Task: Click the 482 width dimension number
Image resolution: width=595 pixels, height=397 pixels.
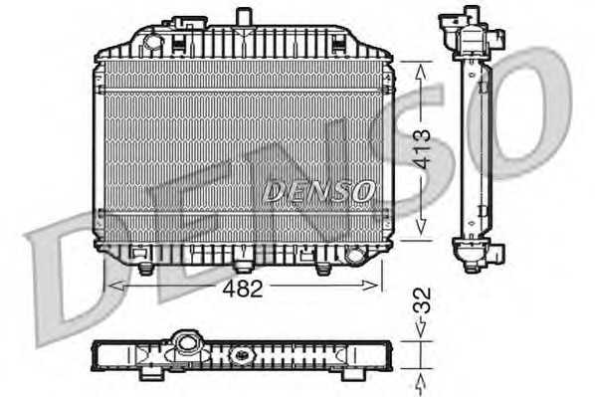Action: (243, 290)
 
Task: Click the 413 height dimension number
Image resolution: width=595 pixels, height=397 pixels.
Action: (422, 149)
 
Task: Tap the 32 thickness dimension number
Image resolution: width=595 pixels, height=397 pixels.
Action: (422, 300)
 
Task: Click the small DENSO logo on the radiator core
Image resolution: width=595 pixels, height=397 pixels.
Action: (319, 191)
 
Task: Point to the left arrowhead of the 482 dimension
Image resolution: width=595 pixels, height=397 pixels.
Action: (116, 286)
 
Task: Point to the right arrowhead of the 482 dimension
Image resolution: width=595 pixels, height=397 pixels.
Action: (369, 286)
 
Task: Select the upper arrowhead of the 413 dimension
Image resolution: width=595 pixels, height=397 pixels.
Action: (421, 72)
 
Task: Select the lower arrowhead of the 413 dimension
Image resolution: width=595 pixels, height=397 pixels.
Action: (421, 227)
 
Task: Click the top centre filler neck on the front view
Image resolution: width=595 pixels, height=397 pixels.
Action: (243, 17)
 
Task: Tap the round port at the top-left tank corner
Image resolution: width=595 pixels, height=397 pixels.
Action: (152, 41)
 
